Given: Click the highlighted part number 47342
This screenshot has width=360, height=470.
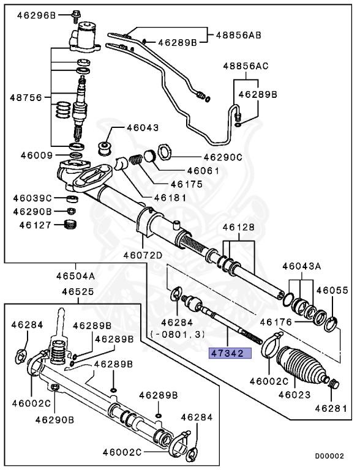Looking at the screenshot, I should pos(227,353).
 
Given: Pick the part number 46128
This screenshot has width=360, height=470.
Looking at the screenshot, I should pos(237,227).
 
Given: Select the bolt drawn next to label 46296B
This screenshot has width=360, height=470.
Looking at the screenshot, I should pos(76,13).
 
